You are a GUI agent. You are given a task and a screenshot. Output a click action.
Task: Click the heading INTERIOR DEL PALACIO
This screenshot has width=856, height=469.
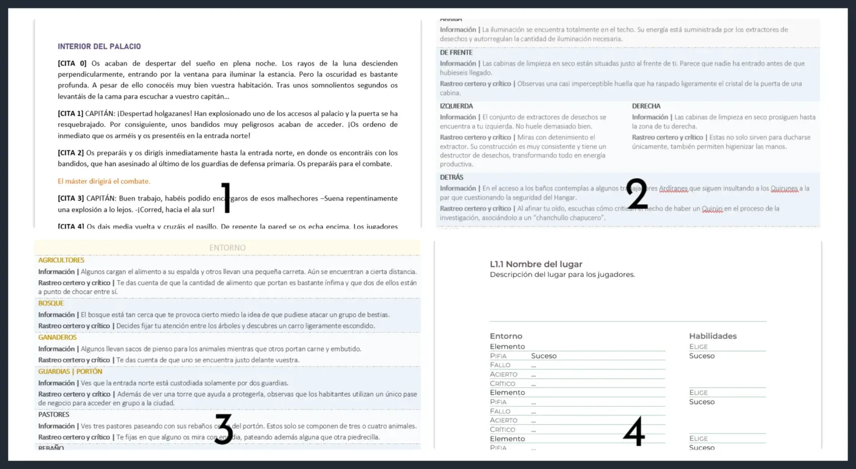click(99, 46)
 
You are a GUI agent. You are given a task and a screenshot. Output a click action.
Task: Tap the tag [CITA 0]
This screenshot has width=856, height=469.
click(72, 63)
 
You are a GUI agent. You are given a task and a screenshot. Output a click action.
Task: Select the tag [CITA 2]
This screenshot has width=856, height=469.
click(71, 153)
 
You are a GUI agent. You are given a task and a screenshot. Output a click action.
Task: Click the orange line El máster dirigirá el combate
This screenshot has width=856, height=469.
click(104, 181)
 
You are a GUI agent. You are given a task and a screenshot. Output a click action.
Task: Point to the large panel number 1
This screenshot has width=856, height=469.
click(226, 197)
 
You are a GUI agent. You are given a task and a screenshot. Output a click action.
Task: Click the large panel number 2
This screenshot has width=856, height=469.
click(636, 193)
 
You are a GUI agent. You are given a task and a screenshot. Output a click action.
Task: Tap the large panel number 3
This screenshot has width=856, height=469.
click(223, 429)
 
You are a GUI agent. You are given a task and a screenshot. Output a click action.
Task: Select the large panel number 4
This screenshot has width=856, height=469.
click(634, 432)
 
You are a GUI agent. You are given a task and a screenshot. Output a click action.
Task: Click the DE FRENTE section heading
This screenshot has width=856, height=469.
click(456, 52)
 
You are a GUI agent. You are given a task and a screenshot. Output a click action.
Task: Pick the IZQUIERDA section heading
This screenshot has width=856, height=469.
click(456, 106)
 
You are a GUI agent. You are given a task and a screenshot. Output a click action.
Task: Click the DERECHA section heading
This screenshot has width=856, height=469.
click(646, 106)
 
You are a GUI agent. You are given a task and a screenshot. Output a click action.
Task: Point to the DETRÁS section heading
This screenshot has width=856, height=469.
click(451, 177)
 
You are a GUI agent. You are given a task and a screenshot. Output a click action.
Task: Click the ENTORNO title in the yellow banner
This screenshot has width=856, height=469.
click(227, 248)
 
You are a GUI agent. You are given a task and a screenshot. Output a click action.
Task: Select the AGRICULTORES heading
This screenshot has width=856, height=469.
click(61, 260)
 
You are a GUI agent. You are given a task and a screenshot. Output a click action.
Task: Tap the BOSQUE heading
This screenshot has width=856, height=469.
click(51, 303)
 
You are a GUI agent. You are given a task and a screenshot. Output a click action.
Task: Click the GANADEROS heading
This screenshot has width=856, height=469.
click(57, 337)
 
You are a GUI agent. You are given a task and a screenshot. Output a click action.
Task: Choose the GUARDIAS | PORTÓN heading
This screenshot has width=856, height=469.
click(70, 372)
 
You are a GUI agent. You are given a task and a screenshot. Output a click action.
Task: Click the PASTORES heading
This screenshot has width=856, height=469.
click(53, 414)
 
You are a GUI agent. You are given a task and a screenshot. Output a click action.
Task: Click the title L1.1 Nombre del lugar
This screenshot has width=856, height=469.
click(536, 264)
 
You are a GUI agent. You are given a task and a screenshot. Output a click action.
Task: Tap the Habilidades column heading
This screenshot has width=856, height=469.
click(712, 336)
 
